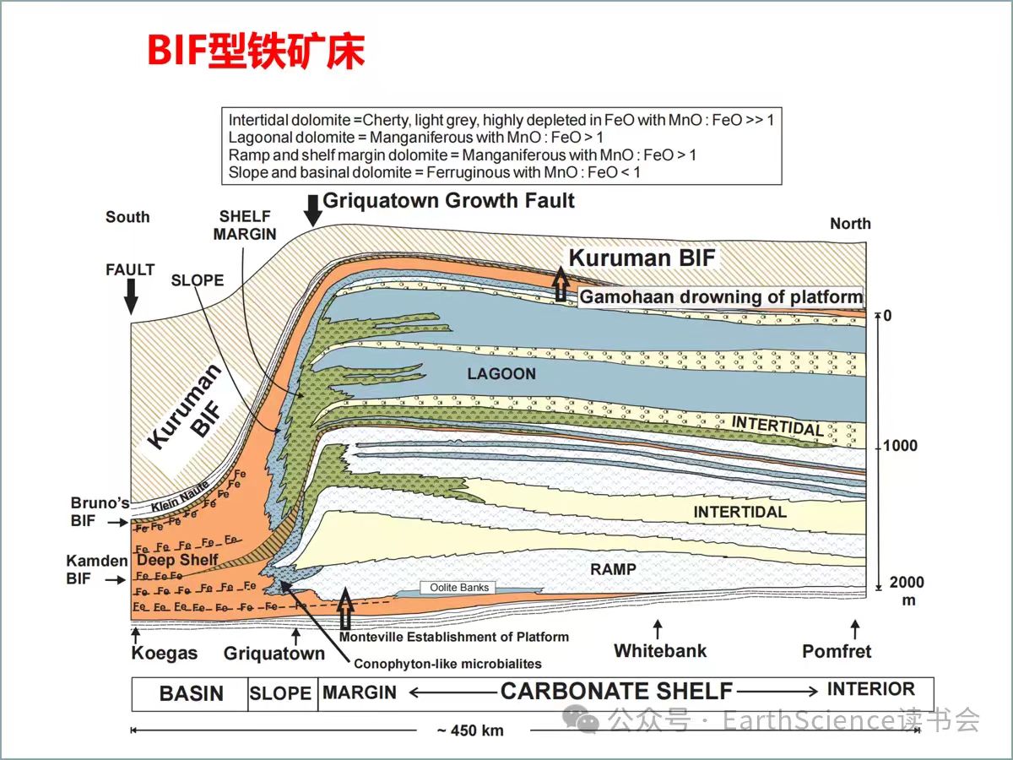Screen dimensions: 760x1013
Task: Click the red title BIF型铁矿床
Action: pyautogui.click(x=256, y=52)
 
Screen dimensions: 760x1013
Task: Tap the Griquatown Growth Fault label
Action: pyautogui.click(x=448, y=201)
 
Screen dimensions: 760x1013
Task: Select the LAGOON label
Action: pyautogui.click(x=501, y=373)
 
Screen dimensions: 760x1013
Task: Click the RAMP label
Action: pyautogui.click(x=613, y=569)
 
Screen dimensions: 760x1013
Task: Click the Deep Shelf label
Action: pyautogui.click(x=177, y=560)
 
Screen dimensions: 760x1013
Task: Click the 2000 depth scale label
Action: pyautogui.click(x=906, y=583)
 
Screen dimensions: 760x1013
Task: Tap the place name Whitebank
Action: pyautogui.click(x=659, y=651)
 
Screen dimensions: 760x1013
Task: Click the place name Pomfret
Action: pyautogui.click(x=836, y=651)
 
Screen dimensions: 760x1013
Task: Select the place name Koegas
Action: pyautogui.click(x=164, y=654)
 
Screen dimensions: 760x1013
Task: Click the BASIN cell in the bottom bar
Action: pyautogui.click(x=191, y=694)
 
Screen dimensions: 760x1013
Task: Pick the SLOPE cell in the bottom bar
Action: pyautogui.click(x=281, y=694)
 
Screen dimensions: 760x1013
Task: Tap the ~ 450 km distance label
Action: pyautogui.click(x=469, y=730)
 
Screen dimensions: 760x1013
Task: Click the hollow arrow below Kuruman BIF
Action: pyautogui.click(x=561, y=285)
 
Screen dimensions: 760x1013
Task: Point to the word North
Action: pyautogui.click(x=849, y=224)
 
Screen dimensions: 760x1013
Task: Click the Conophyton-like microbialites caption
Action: pyautogui.click(x=447, y=664)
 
